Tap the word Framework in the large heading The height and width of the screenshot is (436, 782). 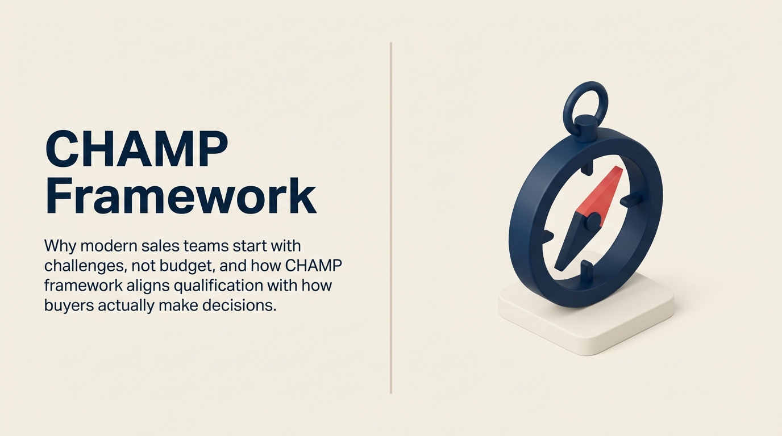(181, 196)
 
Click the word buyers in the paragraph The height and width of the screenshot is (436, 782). (69, 305)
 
